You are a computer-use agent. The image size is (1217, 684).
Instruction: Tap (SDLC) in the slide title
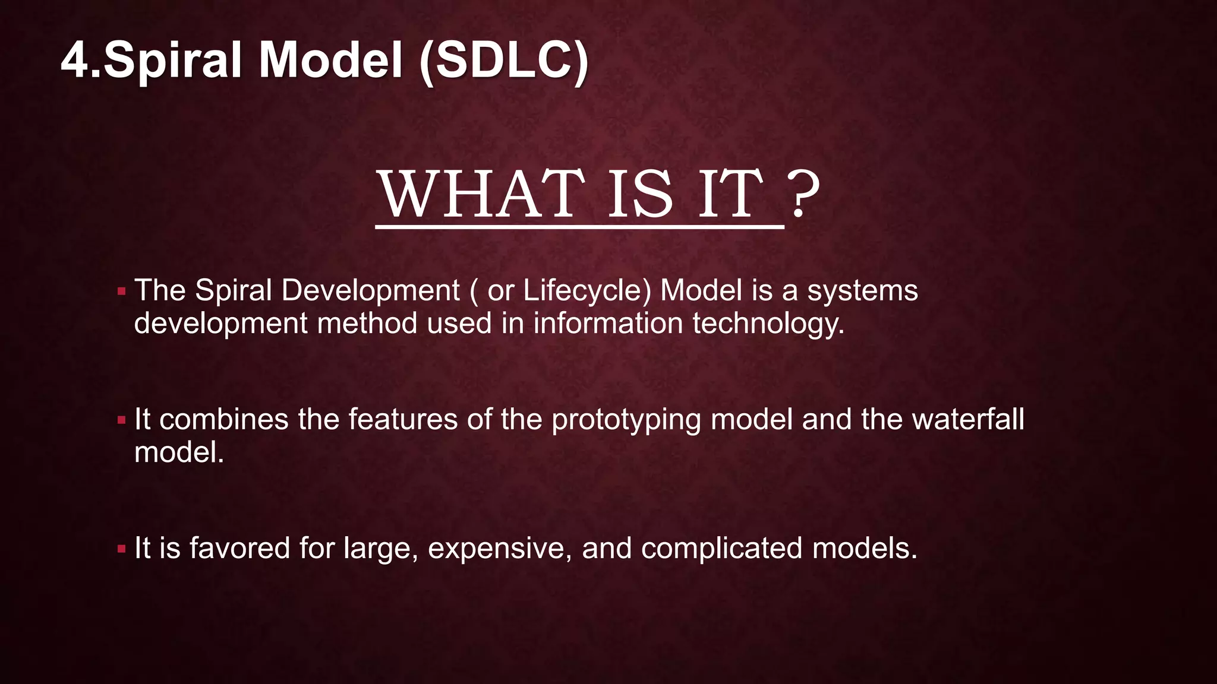503,61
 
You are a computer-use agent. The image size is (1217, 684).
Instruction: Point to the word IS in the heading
640,195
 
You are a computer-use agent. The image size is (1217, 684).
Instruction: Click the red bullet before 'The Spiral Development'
122,292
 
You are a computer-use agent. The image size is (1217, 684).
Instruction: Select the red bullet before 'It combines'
122,420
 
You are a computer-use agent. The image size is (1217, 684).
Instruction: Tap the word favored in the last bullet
239,547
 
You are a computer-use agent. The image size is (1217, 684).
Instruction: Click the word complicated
721,549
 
